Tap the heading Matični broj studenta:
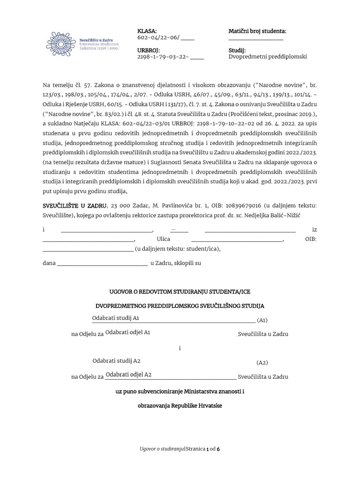tap(257, 31)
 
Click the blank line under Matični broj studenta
tap(256, 39)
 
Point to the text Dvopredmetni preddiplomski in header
tap(267, 57)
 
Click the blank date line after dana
tap(102, 263)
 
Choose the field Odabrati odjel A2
tap(128, 375)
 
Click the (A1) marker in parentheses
tap(262, 321)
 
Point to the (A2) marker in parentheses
tap(262, 363)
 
